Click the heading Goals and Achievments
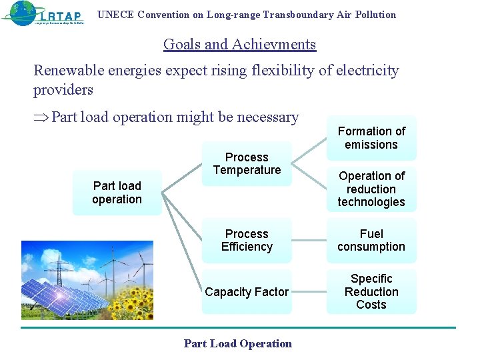(239, 45)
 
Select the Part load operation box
(117, 193)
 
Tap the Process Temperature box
(247, 163)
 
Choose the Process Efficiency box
(247, 240)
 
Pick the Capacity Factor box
(247, 292)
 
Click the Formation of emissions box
(371, 138)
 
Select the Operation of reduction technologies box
(371, 189)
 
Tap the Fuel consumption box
(371, 240)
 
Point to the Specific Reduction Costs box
(371, 291)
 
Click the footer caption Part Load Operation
(238, 344)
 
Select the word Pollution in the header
(375, 15)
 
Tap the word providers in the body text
(63, 90)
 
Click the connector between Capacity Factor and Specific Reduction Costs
(309, 292)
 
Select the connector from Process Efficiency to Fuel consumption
(309, 240)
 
